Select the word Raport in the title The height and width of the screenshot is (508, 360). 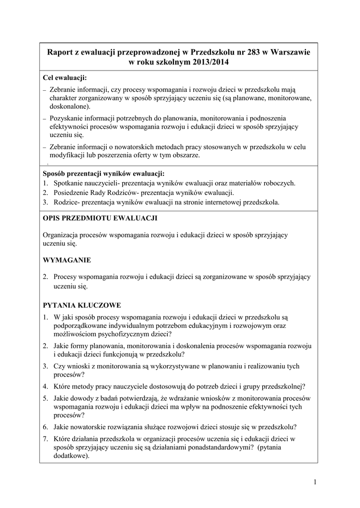click(60, 52)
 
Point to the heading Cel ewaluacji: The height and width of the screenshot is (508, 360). click(65, 78)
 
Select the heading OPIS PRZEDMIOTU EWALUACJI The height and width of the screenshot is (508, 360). click(101, 218)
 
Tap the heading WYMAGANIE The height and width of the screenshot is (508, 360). click(67, 259)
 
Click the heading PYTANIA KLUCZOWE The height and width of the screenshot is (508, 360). click(82, 305)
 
